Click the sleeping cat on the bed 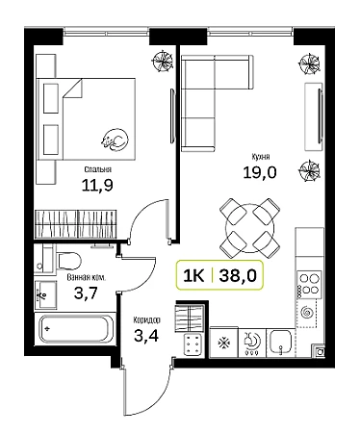pos(115,140)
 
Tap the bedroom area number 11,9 pos(97,185)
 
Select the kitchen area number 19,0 pos(260,173)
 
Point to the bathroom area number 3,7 pos(86,293)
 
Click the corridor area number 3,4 pos(146,336)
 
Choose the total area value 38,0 pos(238,275)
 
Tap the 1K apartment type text pos(193,275)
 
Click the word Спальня pos(98,169)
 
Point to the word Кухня pos(261,157)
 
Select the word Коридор pos(147,319)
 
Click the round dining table pos(250,228)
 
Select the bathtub pos(76,329)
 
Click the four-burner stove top pos(309,284)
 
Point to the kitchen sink pos(281,343)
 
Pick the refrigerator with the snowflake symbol pos(223,343)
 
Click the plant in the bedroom pos(164,61)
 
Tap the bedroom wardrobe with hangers pos(76,223)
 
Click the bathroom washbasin pos(45,294)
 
